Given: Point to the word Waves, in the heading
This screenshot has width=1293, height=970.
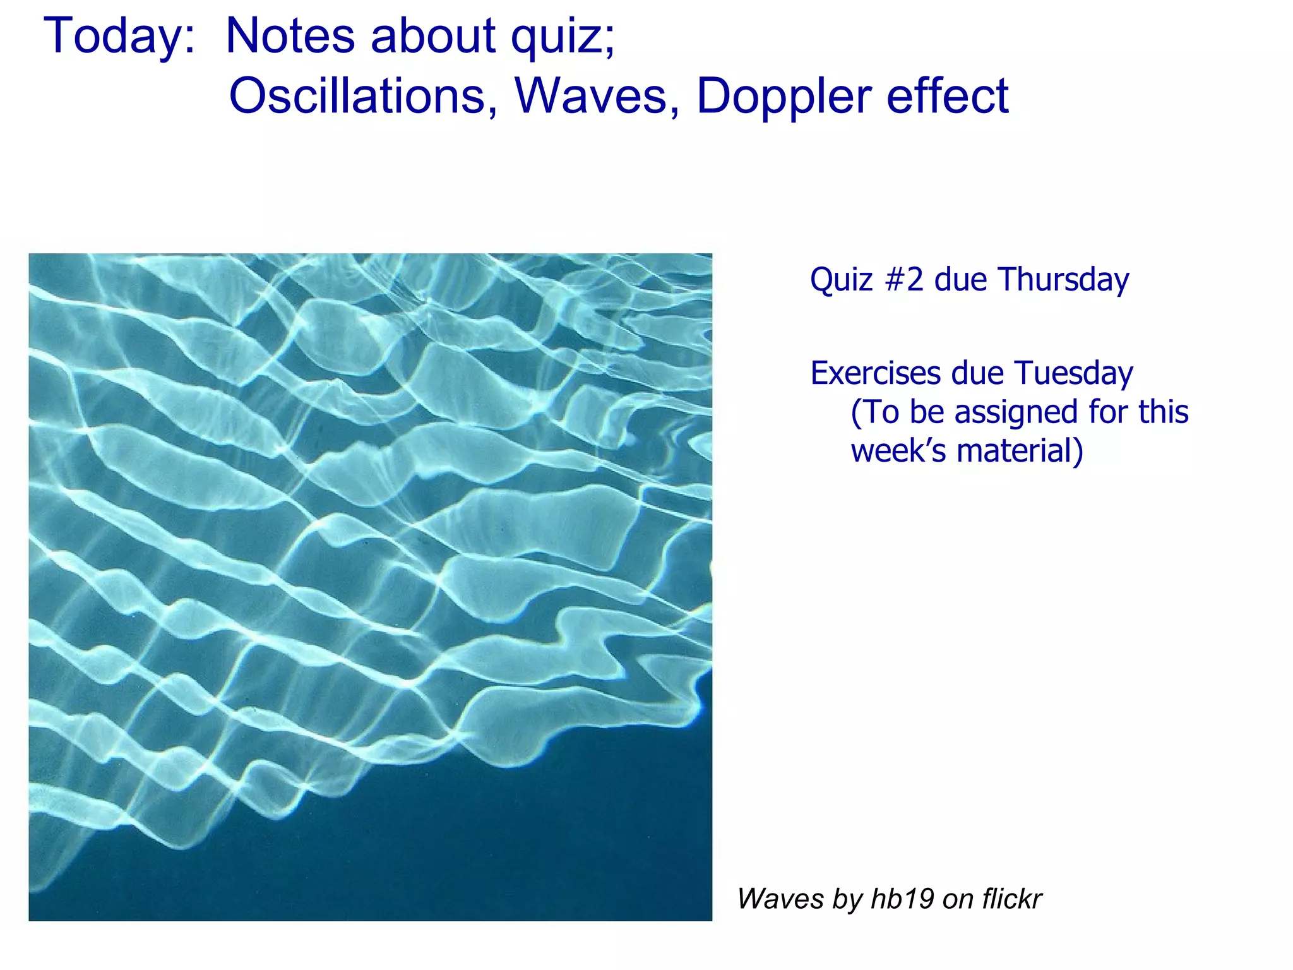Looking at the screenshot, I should [597, 96].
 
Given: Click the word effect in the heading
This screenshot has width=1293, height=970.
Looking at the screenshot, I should [947, 96].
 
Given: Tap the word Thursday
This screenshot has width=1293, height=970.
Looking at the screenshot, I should [1064, 280].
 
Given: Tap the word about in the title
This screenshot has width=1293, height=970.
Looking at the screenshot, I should [433, 36].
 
